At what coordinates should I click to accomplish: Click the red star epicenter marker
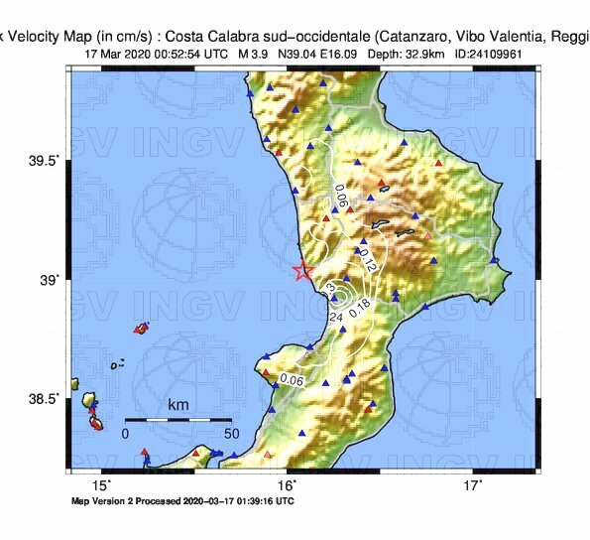pos(303,271)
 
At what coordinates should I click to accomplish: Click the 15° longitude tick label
pos(102,485)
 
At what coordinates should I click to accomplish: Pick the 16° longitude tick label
pos(288,485)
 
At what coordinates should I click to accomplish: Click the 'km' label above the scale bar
pos(178,406)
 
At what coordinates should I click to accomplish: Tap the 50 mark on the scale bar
pos(231,434)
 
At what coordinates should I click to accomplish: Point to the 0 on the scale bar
pos(126,434)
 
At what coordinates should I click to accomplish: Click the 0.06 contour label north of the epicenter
pos(340,197)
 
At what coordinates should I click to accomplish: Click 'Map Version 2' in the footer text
pos(110,501)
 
